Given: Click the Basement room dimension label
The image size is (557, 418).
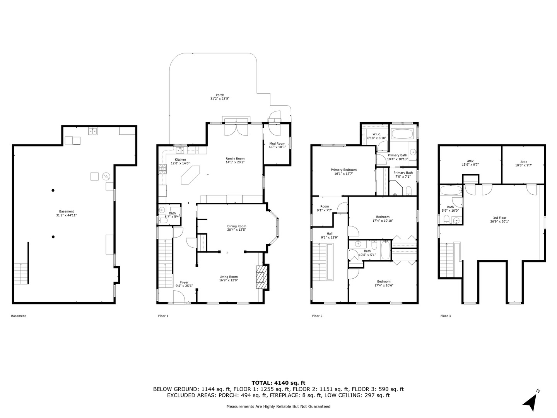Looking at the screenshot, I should pos(67,215).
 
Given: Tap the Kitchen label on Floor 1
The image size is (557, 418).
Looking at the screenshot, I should pos(180,161).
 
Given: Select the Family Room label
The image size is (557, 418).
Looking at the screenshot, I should pos(235,160).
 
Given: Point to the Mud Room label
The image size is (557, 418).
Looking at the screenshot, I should pos(277,145).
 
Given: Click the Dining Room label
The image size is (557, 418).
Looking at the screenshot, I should pos(236,228).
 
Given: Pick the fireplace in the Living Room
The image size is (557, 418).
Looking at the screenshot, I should pos(261,277).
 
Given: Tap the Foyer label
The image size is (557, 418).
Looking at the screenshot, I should pos(184,284).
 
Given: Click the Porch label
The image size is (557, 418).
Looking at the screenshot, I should pos(220,97).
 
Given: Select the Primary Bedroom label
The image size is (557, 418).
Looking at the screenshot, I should pos(343,171).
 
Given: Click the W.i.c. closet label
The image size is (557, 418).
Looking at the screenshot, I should pos(376,136).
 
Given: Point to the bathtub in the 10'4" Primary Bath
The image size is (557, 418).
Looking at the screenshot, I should pos(403,134).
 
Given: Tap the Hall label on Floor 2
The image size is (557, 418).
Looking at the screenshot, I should pos(330,235).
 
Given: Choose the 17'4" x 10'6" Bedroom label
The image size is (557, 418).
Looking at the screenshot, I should pos(384,283).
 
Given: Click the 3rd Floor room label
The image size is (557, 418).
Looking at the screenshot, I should pos(499,219).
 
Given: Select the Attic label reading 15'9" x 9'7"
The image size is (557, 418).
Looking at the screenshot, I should pos(470,163).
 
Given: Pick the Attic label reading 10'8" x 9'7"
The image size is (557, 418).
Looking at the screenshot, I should pos(524,163).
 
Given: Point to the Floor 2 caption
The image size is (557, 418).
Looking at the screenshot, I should pos(317,316).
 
